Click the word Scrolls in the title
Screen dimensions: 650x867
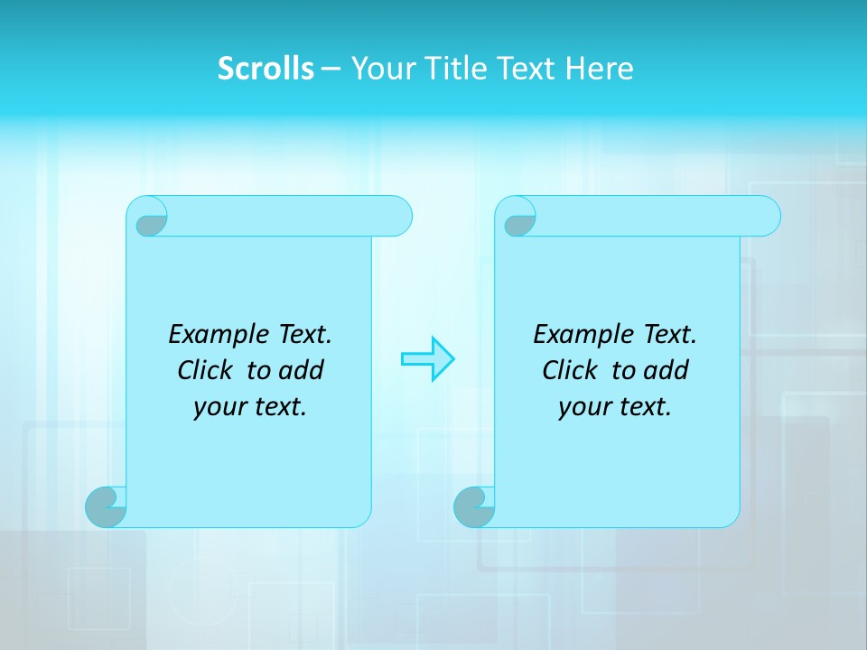[x=266, y=69]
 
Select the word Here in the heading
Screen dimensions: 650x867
[x=600, y=69]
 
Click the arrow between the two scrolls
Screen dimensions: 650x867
[x=427, y=359]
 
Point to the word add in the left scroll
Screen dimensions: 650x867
[x=302, y=370]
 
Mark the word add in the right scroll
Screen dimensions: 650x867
[x=667, y=370]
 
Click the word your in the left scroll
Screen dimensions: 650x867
[x=218, y=408]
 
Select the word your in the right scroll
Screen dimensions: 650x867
[x=583, y=408]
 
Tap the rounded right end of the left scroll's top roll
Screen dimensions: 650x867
[x=397, y=216]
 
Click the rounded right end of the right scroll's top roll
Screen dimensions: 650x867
[x=766, y=216]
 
